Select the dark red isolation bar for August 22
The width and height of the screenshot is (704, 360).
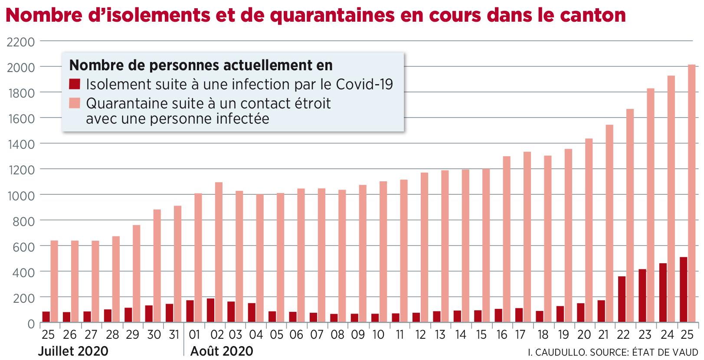coord(622,300)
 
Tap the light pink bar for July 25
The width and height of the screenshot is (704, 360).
coord(54,282)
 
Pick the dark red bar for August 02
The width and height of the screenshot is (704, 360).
coord(210,311)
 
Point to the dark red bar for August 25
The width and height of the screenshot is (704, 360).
coord(683,290)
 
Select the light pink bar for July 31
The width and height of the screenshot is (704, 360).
coord(178,264)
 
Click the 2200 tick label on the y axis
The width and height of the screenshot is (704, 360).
coord(20,42)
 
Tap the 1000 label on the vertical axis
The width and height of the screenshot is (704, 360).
coord(20,195)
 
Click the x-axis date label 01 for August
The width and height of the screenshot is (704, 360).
coord(194,335)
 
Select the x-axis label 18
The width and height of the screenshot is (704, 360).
coord(543,335)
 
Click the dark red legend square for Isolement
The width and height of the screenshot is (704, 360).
coord(75,84)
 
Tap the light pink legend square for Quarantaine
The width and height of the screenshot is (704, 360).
coord(75,103)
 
